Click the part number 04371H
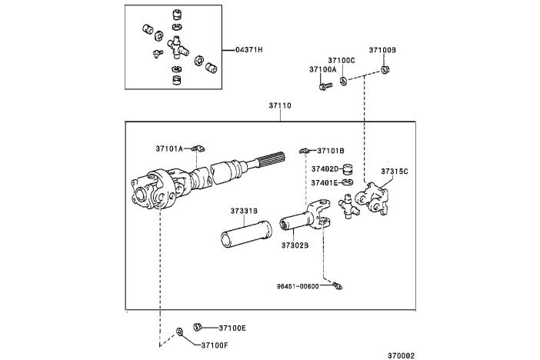249,50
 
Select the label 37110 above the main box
280,105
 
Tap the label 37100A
323,69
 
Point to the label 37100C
341,59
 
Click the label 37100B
382,50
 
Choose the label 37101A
169,149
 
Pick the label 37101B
331,151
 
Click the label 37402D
325,168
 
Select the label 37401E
325,182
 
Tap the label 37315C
395,170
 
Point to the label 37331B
243,211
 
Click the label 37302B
295,245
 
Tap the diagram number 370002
400,355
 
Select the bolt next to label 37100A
325,86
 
